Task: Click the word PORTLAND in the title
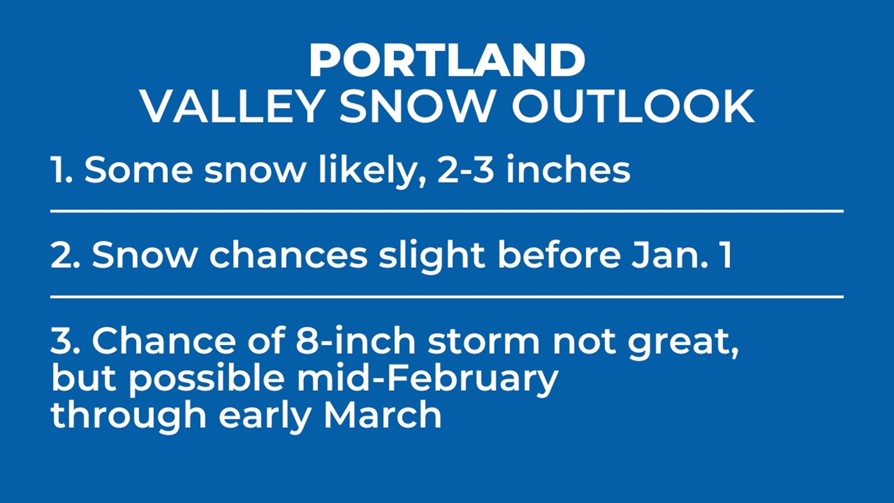[x=447, y=61]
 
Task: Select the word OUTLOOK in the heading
[x=633, y=107]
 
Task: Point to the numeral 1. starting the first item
[x=61, y=170]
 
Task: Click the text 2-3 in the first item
[x=465, y=170]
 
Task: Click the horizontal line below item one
[x=447, y=211]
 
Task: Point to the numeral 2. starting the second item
[x=65, y=255]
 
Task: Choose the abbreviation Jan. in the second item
[x=670, y=255]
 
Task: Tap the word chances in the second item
[x=289, y=255]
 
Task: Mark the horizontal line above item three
[x=447, y=296]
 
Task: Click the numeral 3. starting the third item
[x=65, y=341]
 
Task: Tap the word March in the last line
[x=382, y=415]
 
